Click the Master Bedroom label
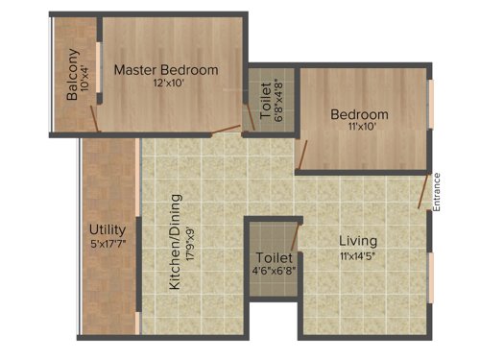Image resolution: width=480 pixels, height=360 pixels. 166,70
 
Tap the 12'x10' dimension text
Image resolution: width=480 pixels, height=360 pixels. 166,84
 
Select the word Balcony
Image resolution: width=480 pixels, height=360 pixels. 73,76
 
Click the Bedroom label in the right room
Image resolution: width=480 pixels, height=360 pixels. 360,114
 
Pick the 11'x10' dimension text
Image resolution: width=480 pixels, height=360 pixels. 360,127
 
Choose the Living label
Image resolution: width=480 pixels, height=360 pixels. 358,240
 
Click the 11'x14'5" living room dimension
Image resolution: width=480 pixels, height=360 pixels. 358,255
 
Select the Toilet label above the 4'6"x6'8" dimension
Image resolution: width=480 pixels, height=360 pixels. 273,258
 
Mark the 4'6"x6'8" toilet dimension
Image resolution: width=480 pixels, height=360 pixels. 273,273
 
